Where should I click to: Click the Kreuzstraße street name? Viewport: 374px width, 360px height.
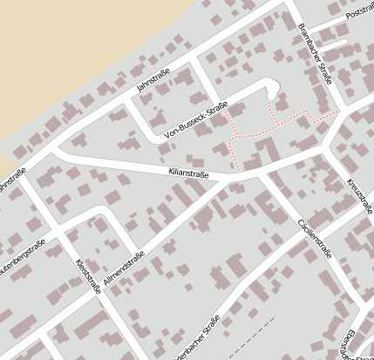360,196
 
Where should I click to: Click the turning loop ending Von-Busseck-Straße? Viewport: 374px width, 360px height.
271,86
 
